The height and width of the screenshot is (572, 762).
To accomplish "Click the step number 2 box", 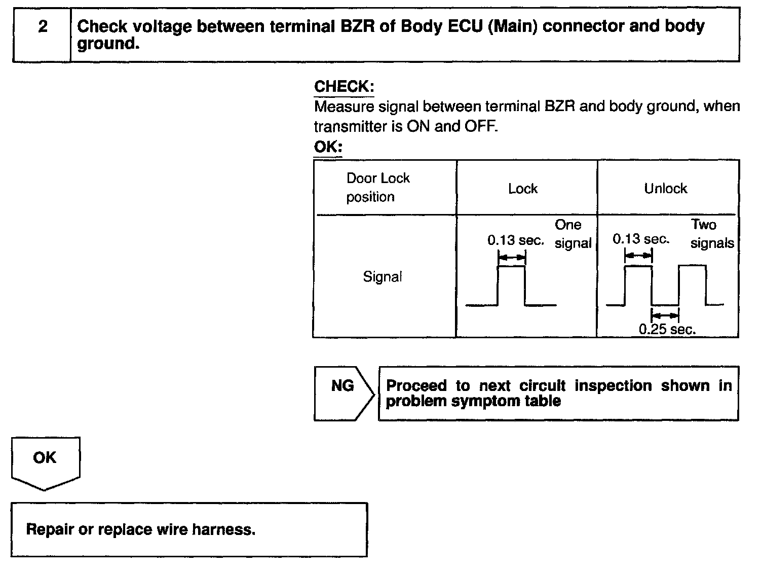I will click(x=43, y=34).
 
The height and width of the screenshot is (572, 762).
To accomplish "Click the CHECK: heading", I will click(x=344, y=86).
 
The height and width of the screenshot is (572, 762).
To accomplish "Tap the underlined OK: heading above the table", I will click(x=328, y=147).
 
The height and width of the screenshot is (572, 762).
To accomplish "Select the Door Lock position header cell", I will click(x=378, y=188).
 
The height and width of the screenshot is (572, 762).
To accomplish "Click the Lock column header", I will click(x=523, y=189).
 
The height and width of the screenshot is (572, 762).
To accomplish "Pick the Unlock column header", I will click(x=665, y=189).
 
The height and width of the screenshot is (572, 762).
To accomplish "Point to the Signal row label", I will click(x=383, y=277).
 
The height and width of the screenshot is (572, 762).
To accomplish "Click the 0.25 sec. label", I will click(x=667, y=330).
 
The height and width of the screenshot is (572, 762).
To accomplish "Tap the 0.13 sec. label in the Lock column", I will click(x=516, y=240).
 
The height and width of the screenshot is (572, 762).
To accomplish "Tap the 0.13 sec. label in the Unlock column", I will click(x=641, y=239).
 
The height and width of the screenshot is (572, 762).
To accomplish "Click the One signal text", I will click(x=573, y=234).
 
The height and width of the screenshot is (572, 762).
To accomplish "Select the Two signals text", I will click(x=711, y=234).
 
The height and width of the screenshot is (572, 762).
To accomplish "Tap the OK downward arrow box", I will click(x=45, y=461).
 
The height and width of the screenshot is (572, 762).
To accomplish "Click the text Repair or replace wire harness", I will click(x=141, y=530).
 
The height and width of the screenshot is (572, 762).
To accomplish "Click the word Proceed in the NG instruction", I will click(x=416, y=386).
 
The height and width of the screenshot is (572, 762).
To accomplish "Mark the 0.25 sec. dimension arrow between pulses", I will click(x=665, y=315).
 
